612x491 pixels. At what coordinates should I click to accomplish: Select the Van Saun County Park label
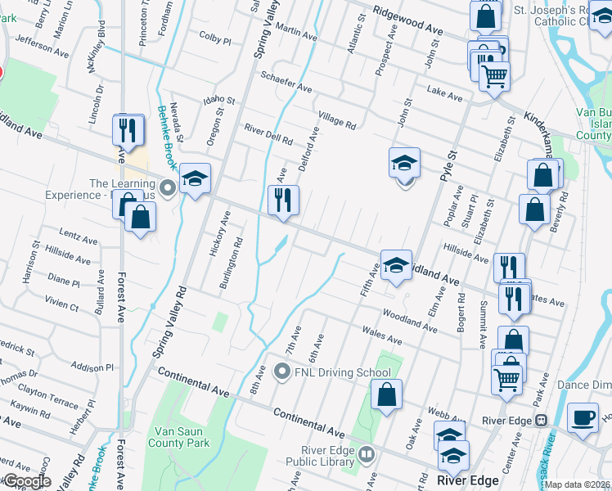[178, 436]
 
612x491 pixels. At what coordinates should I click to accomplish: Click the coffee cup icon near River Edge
[583, 417]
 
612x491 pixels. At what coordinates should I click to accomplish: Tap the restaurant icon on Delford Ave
[283, 199]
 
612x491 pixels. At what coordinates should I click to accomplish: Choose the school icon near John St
[404, 163]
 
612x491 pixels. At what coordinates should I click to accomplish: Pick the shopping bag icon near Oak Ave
[386, 394]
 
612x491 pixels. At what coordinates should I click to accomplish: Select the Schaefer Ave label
[286, 82]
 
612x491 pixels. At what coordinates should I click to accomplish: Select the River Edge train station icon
[540, 420]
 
